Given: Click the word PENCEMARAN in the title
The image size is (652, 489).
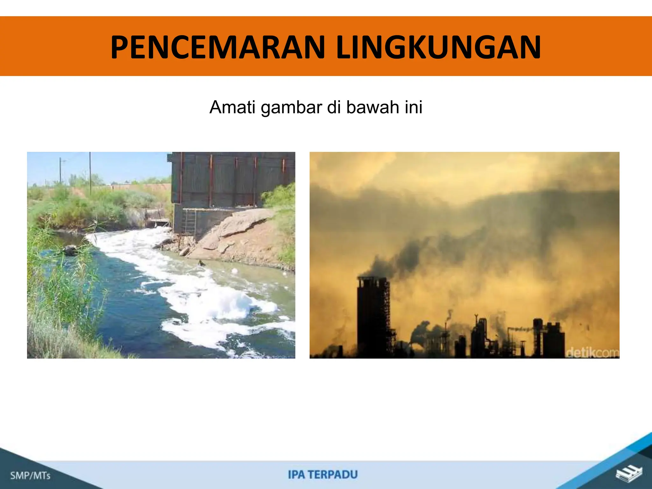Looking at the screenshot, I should [x=218, y=48].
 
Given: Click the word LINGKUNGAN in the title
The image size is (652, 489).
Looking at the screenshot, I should [x=438, y=48].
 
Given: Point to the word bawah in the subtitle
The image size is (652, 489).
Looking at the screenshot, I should [x=372, y=107].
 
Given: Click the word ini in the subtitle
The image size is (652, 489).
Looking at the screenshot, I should [x=414, y=107].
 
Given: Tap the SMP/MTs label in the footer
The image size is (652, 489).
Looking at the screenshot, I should [x=30, y=476].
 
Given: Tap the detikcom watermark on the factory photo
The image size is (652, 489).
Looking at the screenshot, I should [x=592, y=353].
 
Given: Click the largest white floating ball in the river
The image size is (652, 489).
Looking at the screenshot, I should [x=235, y=271].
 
